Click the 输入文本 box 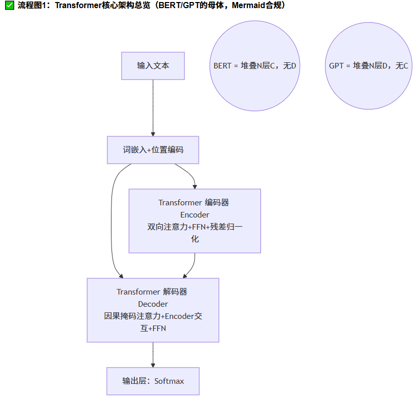[153, 66]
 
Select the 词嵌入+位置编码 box [153, 150]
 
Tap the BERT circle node [254, 66]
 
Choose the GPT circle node [368, 66]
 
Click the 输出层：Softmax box [153, 381]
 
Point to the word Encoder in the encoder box [194, 214]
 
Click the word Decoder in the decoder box [153, 304]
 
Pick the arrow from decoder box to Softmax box [153, 355]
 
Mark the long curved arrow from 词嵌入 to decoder [111, 223]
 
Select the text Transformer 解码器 [152, 292]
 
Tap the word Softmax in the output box [169, 381]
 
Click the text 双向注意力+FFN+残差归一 [195, 227]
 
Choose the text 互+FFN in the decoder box [153, 328]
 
